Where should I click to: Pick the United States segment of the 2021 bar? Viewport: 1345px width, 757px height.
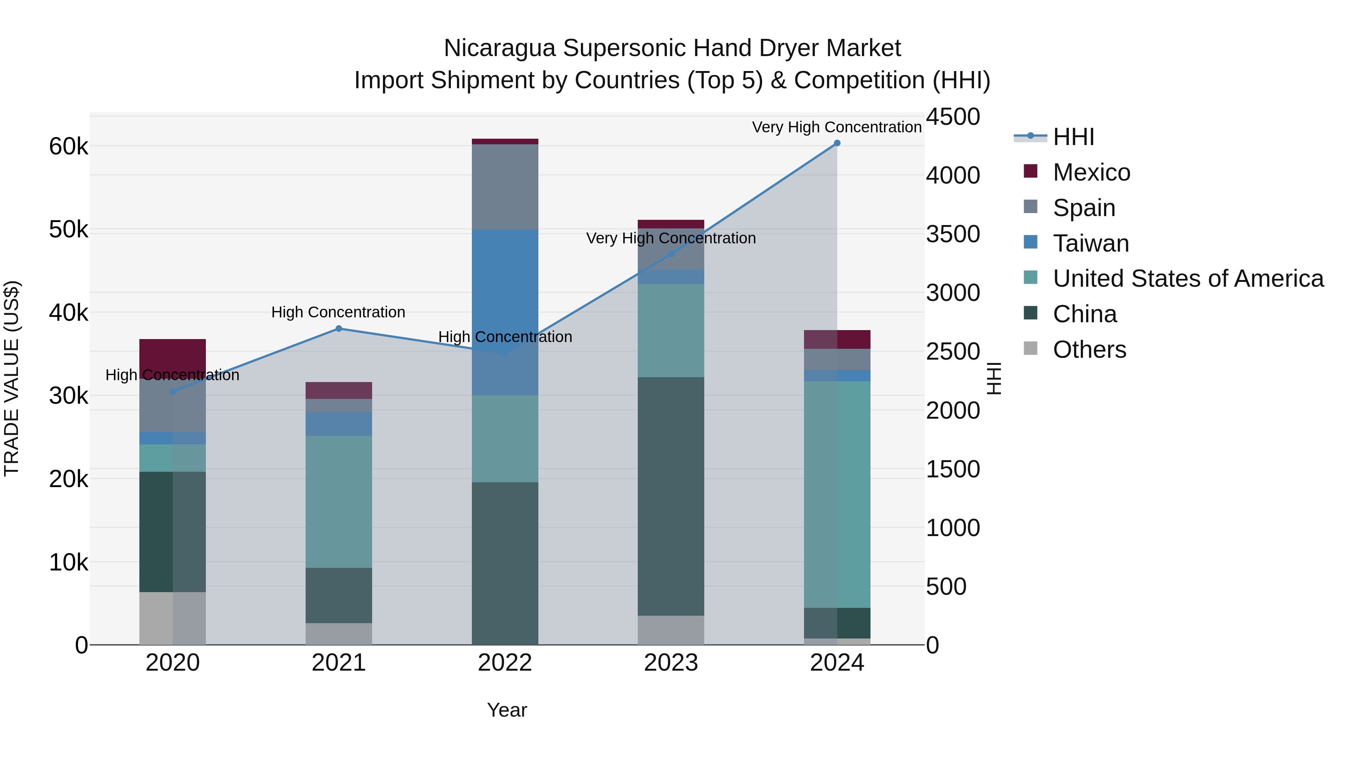pos(338,502)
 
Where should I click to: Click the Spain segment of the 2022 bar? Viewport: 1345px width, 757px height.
pos(504,187)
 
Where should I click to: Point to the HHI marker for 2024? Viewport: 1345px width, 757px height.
pos(837,143)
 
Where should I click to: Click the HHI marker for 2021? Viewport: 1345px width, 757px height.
pos(338,329)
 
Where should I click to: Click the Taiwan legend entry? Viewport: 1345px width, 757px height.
pos(1090,243)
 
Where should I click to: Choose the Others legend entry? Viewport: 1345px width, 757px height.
pos(1089,350)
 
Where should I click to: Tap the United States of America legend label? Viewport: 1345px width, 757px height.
pos(1188,279)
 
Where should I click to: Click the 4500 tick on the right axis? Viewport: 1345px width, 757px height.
pos(953,117)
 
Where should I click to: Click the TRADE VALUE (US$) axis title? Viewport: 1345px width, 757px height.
pos(12,378)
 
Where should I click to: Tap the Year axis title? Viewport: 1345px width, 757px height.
pos(507,710)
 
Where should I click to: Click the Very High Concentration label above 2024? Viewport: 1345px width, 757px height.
pos(837,127)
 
